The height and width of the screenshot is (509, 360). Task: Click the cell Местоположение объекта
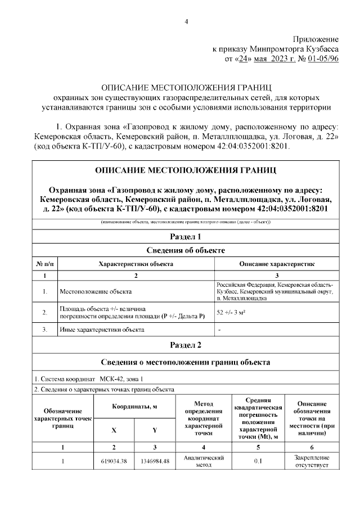click(x=96, y=292)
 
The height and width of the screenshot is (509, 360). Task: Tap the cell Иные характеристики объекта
click(x=98, y=330)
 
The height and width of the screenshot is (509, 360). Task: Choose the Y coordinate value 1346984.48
click(x=155, y=462)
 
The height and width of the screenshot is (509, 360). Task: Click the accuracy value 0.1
click(x=258, y=462)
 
